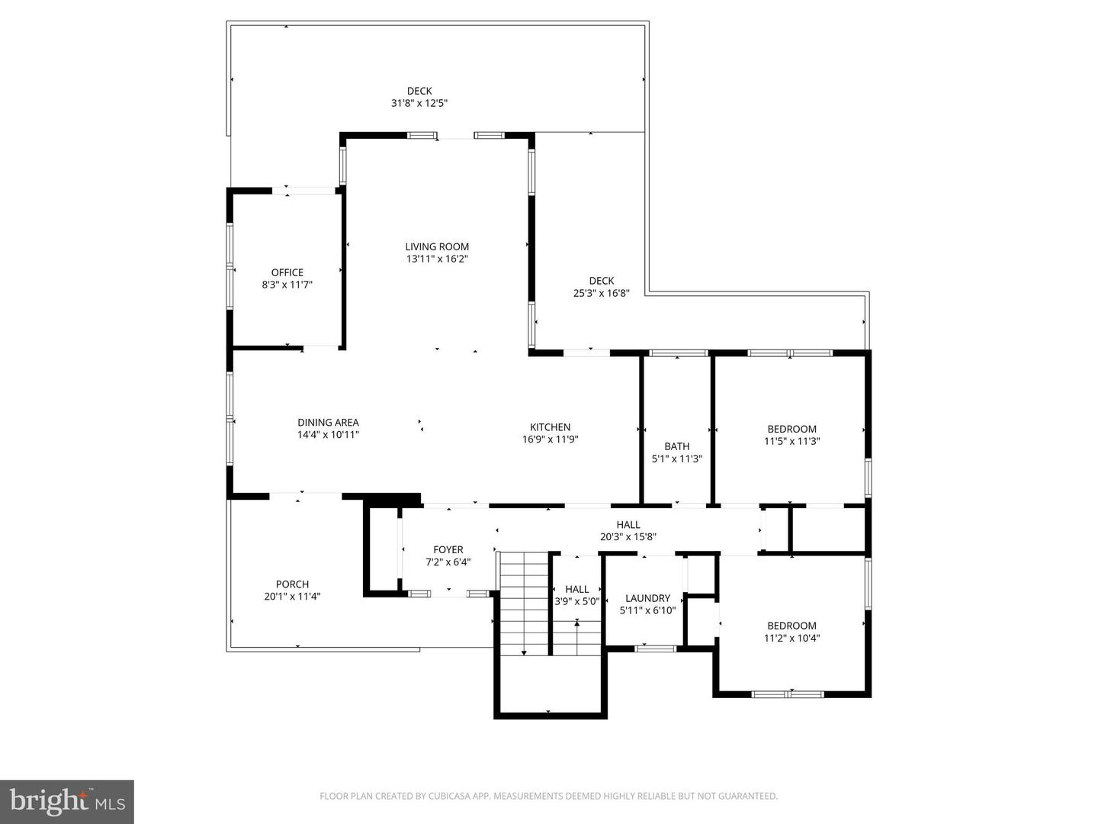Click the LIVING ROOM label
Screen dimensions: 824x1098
coord(437,246)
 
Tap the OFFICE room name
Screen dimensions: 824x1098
coord(287,272)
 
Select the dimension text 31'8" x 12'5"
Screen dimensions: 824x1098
coord(419,103)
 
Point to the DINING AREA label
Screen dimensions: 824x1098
coord(328,423)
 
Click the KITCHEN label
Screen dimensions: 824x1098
coord(551,427)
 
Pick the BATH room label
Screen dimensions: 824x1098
coord(677,446)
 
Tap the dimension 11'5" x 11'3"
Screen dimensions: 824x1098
coord(792,441)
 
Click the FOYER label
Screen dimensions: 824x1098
coord(448,549)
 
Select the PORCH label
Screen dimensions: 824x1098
coord(292,584)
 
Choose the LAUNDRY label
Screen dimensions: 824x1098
coord(648,598)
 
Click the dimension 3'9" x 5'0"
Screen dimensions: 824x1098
coord(577,601)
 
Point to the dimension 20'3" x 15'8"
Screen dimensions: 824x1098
coord(628,536)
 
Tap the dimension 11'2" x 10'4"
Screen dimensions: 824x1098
coord(792,638)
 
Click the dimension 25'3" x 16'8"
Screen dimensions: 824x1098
coord(602,293)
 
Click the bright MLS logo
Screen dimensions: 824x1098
coord(67,801)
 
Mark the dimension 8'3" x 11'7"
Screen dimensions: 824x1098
coord(287,285)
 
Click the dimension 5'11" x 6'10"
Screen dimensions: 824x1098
coord(648,610)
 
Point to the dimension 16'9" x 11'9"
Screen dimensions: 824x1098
coord(551,439)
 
